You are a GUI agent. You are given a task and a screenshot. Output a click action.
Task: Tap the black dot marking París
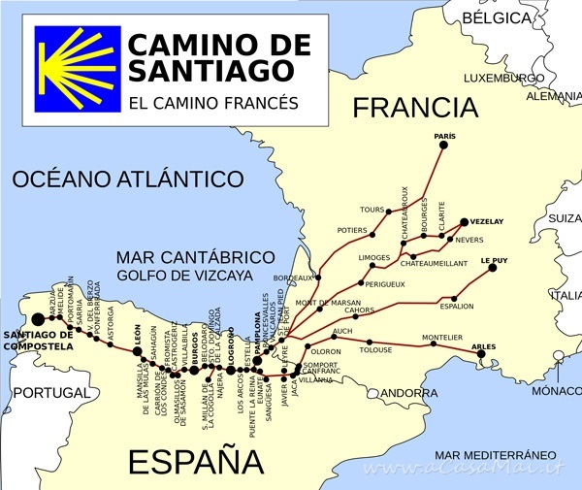443,145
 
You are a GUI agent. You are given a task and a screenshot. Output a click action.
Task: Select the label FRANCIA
415,108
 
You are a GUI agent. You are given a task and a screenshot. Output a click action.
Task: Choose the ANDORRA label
407,393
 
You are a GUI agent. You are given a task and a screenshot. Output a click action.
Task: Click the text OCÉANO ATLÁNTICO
127,180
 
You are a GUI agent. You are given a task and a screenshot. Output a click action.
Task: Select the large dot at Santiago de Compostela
38,318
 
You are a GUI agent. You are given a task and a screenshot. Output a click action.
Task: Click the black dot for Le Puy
492,268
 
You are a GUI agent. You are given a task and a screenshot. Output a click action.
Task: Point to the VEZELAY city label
487,222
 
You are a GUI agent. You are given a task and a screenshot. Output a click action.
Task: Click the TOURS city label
372,210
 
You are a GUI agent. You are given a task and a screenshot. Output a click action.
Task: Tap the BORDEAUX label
295,278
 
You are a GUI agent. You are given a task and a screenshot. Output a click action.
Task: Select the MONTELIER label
441,338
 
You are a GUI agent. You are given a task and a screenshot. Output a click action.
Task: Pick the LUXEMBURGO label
503,78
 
